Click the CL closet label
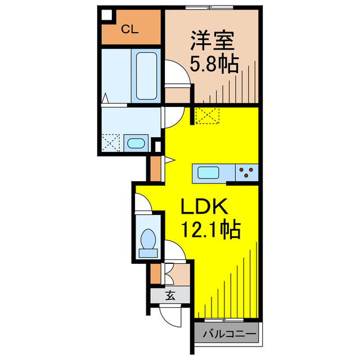(x=130, y=30)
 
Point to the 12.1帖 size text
(x=210, y=230)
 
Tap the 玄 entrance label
(x=169, y=295)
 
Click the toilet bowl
(x=148, y=242)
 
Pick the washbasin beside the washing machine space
(x=136, y=143)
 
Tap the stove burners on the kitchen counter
(x=246, y=172)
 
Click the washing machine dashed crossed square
(x=111, y=142)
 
